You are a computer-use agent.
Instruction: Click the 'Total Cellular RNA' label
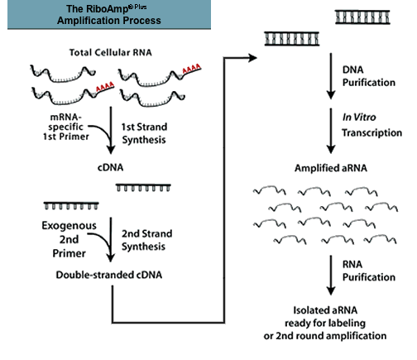(x=110, y=52)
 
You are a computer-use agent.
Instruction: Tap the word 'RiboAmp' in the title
(x=97, y=9)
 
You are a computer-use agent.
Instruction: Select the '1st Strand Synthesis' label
(x=144, y=133)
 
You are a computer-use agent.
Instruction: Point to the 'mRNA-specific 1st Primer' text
(x=66, y=127)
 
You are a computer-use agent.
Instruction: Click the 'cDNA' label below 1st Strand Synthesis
(x=110, y=167)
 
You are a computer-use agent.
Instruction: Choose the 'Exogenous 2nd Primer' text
(x=69, y=239)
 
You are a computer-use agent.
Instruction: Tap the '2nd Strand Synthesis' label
(x=146, y=240)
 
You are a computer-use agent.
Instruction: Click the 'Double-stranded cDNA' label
(x=109, y=275)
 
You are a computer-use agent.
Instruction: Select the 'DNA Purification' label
(x=369, y=76)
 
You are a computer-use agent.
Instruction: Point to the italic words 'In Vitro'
(x=359, y=118)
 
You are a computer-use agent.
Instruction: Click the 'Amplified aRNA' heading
(x=331, y=168)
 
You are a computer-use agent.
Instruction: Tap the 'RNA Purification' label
(x=369, y=271)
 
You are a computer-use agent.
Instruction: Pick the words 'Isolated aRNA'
(x=325, y=310)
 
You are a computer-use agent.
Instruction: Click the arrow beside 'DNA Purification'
(x=331, y=76)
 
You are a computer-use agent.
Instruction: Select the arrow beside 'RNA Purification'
(x=331, y=276)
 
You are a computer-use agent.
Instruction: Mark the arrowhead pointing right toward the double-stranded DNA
(x=252, y=58)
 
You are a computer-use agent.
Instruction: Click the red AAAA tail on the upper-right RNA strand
(x=191, y=69)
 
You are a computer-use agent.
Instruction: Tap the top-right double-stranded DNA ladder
(x=362, y=17)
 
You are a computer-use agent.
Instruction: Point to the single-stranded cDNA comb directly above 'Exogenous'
(x=71, y=205)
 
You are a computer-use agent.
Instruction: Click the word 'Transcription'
(x=372, y=132)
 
